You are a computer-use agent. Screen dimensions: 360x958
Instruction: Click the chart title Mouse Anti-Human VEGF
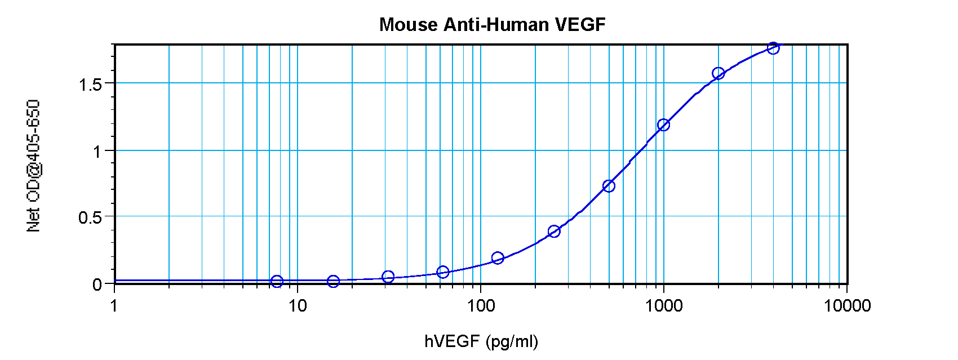[492, 25]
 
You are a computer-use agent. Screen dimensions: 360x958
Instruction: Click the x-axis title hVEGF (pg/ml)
[481, 341]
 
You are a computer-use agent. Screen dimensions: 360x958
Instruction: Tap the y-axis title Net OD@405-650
[34, 166]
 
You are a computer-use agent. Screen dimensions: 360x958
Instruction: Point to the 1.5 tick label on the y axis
[90, 85]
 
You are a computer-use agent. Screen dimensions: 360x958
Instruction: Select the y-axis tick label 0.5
[90, 217]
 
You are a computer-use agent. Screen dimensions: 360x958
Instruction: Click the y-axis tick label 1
[97, 151]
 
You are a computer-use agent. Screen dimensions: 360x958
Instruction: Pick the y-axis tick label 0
[97, 284]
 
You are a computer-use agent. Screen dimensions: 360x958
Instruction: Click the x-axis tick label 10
[298, 306]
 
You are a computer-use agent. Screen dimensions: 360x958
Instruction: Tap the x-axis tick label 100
[481, 306]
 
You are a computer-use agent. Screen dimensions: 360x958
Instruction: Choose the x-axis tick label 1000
[664, 306]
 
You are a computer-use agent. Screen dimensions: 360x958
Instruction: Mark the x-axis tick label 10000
[847, 306]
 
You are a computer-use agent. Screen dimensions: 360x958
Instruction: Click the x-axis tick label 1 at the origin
[114, 306]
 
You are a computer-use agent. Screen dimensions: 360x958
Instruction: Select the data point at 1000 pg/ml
[663, 125]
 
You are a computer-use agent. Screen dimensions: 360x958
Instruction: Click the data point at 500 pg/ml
[609, 186]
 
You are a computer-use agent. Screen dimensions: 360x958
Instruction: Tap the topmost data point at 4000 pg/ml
[773, 48]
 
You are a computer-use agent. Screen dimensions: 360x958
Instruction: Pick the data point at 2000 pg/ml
[718, 73]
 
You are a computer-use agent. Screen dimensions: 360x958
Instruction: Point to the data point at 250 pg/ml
[554, 231]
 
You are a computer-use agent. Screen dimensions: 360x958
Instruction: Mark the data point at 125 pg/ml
[498, 258]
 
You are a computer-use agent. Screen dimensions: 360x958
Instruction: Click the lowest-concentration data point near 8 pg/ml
[277, 281]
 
